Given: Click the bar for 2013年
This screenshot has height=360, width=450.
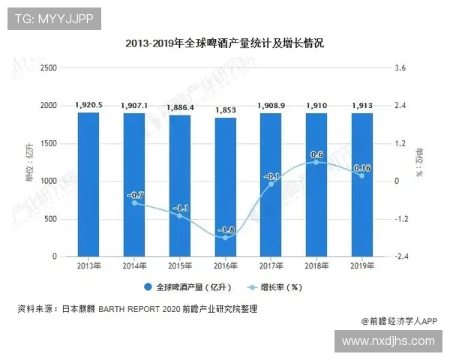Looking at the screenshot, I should coord(89,184).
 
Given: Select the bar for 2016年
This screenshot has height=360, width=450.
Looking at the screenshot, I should coord(226,187).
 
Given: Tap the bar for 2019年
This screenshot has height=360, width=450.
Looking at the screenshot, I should coord(362,184).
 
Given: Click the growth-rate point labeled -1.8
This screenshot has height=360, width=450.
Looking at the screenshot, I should coord(226,237).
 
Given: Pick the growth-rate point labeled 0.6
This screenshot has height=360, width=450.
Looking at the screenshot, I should coord(316,162).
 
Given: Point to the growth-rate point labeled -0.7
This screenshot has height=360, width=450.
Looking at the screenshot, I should coord(135,202).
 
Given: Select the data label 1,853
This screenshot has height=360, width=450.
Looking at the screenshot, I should coord(226,110).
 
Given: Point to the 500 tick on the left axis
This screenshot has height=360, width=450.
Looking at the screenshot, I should coord(51,219).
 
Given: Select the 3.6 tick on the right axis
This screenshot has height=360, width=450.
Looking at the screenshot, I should coord(400,68).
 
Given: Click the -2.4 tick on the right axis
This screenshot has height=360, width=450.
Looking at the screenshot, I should coord(400,256).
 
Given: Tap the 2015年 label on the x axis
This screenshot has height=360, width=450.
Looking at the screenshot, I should coord(180,265).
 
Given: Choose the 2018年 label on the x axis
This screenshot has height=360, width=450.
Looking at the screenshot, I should coord(316,265).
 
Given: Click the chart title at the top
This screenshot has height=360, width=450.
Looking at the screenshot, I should coord(225,44).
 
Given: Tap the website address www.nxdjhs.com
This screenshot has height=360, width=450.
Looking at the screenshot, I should coord(388,341).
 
